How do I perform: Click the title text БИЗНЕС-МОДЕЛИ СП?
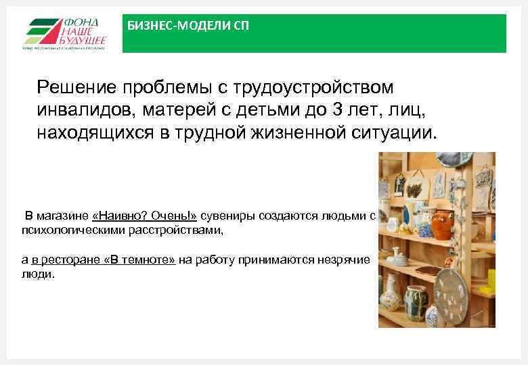click(x=188, y=26)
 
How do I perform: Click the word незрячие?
click(x=347, y=260)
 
